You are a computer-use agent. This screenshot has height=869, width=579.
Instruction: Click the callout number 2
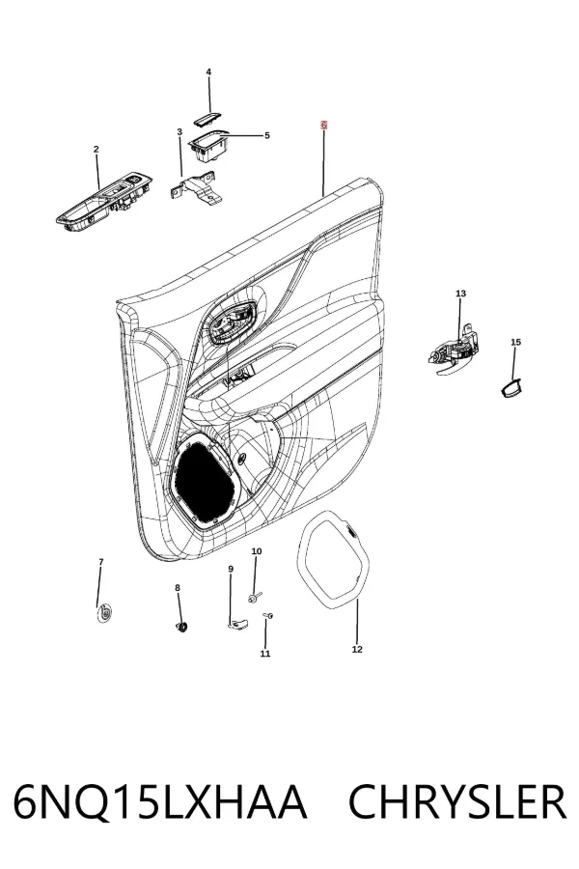pyautogui.click(x=96, y=149)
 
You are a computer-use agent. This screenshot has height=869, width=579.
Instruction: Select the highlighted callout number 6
pyautogui.click(x=323, y=126)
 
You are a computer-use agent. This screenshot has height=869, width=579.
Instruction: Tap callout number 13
pyautogui.click(x=461, y=294)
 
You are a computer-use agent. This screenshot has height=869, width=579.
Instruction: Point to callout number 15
pyautogui.click(x=516, y=342)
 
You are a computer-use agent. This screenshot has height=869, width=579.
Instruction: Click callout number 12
pyautogui.click(x=357, y=649)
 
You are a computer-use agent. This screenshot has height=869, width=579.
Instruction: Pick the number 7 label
pyautogui.click(x=100, y=562)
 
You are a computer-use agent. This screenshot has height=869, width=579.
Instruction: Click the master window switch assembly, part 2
pyautogui.click(x=103, y=200)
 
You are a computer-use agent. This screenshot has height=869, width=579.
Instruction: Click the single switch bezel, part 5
pyautogui.click(x=208, y=145)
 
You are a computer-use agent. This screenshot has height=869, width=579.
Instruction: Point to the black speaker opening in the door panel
pyautogui.click(x=204, y=481)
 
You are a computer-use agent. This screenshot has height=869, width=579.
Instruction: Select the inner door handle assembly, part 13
pyautogui.click(x=454, y=353)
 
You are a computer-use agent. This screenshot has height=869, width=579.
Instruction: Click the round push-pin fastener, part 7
pyautogui.click(x=103, y=614)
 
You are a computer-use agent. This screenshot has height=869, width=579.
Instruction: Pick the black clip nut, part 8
pyautogui.click(x=181, y=627)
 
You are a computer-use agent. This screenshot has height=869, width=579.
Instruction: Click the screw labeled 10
pyautogui.click(x=255, y=597)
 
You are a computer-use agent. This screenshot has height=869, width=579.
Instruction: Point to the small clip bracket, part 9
pyautogui.click(x=237, y=625)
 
